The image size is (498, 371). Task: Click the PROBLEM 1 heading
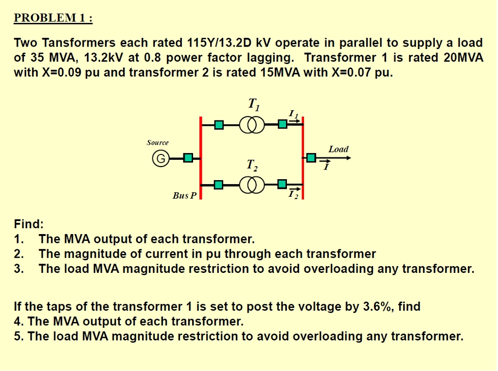(x=53, y=18)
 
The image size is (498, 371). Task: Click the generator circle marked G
(x=160, y=158)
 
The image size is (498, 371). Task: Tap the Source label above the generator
(x=158, y=142)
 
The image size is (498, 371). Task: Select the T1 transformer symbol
(x=252, y=125)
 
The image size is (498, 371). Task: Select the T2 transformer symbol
(x=252, y=185)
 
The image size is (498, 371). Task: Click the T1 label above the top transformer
(x=254, y=103)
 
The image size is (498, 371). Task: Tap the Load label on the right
(x=338, y=149)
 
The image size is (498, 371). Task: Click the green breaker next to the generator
(x=188, y=158)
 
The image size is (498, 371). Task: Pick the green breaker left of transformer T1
(x=219, y=125)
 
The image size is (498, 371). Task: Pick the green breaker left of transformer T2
(x=219, y=185)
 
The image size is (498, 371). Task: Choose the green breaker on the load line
(x=311, y=158)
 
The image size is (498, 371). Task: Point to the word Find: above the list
(x=29, y=224)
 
